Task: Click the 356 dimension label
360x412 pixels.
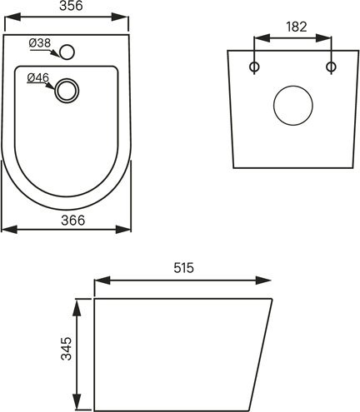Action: pyautogui.click(x=71, y=6)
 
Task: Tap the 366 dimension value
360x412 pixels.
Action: pyautogui.click(x=73, y=221)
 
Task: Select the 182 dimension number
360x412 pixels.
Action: pyautogui.click(x=297, y=27)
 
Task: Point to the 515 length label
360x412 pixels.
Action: pyautogui.click(x=183, y=268)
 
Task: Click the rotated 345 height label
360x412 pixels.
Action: pyautogui.click(x=66, y=349)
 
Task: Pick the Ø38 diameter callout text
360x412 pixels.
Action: pyautogui.click(x=40, y=43)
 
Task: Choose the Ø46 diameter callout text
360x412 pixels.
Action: pyautogui.click(x=38, y=78)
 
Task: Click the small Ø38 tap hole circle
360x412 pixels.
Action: pyautogui.click(x=67, y=52)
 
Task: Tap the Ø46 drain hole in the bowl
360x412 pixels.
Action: pyautogui.click(x=67, y=91)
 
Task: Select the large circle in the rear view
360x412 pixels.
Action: pyautogui.click(x=293, y=106)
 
